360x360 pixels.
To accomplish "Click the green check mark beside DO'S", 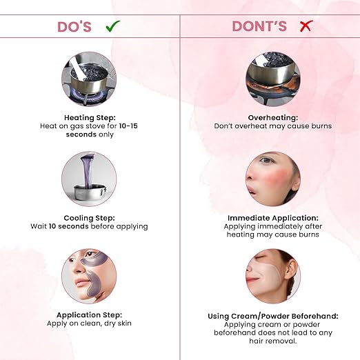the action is pos(112,26).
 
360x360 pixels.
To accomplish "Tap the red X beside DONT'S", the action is pos(306,26).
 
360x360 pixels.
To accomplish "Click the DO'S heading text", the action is pos(74,27).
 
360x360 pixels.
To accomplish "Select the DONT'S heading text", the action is pos(259,26).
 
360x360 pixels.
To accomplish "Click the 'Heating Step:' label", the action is pos(90,117).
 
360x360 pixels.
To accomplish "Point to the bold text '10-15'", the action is pos(128,126).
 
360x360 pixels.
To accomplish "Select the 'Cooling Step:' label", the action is pos(89,218).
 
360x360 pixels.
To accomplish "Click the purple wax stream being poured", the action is pos(88,170).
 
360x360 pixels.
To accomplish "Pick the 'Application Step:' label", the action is pos(89,314).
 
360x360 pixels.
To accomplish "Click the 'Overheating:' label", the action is pos(273,117).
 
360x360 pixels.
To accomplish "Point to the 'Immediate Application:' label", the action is pos(273,218).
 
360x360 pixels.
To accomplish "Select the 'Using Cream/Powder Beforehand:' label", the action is pos(273,316).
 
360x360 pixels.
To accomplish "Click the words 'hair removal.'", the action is pos(273,341).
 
